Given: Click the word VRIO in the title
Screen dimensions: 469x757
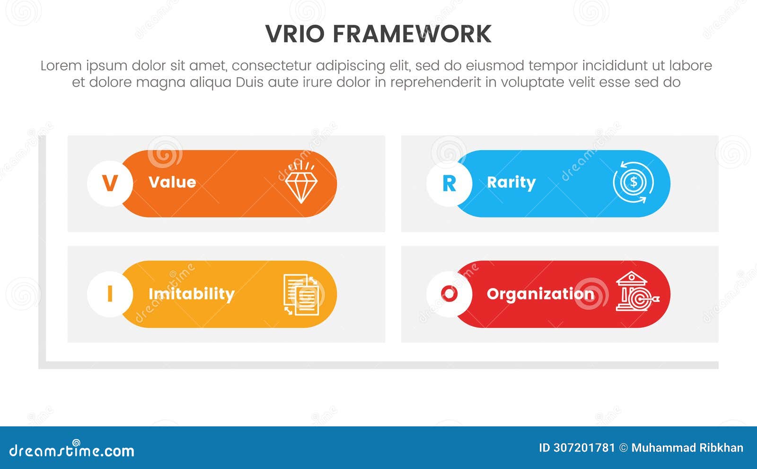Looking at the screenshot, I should click(x=295, y=34).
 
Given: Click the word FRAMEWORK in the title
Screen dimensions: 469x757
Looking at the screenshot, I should click(x=412, y=34).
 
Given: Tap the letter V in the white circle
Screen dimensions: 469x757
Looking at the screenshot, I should click(x=110, y=183).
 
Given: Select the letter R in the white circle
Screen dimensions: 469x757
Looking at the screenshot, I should click(x=449, y=183).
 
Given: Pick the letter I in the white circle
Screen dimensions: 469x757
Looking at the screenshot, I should click(x=110, y=294).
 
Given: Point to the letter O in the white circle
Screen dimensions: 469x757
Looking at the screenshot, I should click(x=449, y=294).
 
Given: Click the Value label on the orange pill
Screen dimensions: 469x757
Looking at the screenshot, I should click(x=172, y=182).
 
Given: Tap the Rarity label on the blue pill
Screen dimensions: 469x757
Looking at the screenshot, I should click(x=511, y=182).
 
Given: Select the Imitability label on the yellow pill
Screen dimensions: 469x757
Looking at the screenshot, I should click(x=191, y=294).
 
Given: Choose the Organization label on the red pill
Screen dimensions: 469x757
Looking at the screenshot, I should click(x=540, y=294).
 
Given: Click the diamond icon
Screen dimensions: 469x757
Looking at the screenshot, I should click(x=301, y=183).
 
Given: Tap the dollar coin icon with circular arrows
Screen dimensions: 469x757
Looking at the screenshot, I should click(x=634, y=183).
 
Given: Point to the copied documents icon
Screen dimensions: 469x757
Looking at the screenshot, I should click(x=301, y=295).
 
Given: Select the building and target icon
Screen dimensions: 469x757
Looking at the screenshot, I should click(x=635, y=292).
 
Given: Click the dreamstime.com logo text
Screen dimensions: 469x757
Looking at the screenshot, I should click(x=72, y=450).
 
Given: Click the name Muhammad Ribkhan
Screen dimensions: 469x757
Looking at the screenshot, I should click(x=687, y=448).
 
